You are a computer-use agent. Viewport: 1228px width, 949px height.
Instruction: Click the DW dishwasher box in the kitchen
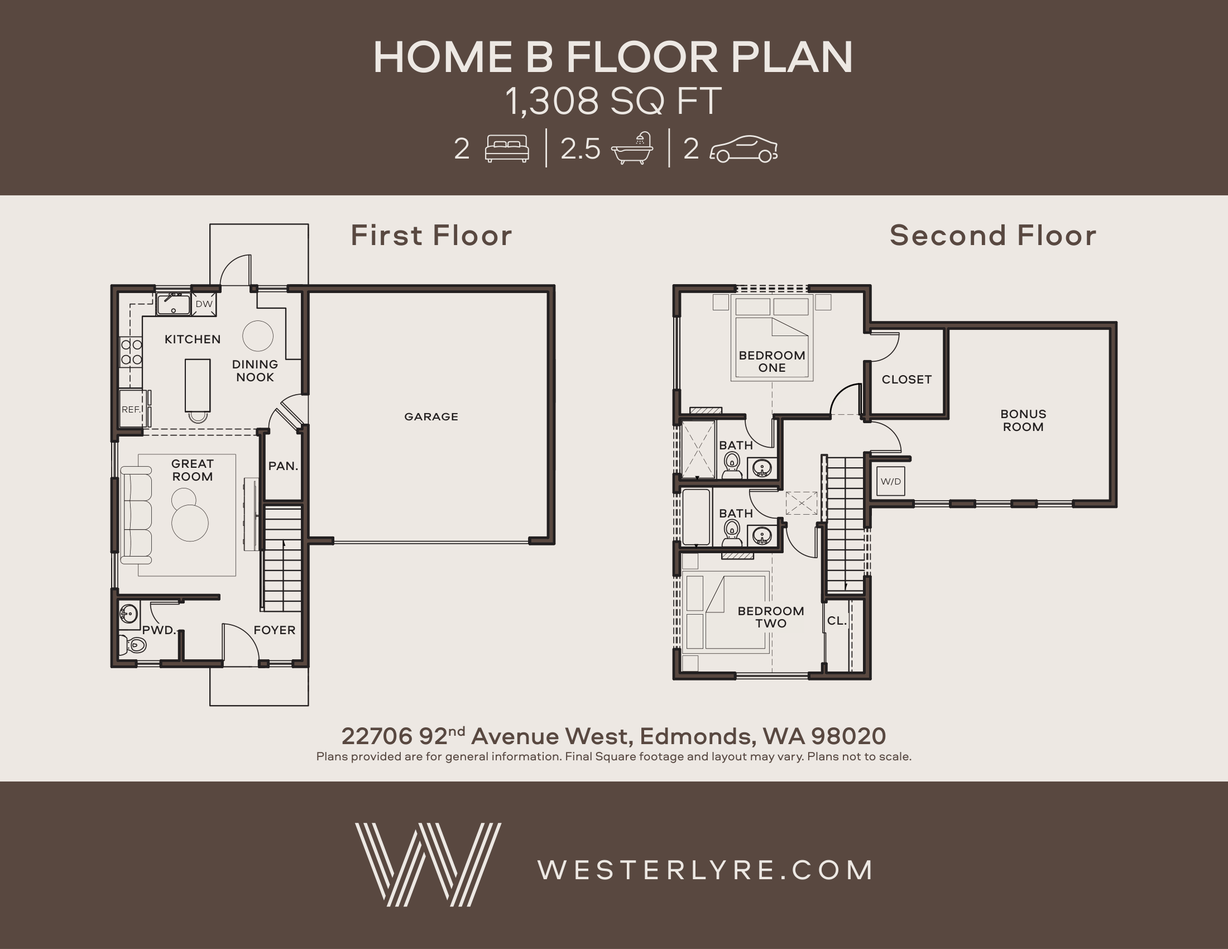coord(204,304)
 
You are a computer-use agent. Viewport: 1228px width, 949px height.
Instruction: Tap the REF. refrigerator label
coord(132,409)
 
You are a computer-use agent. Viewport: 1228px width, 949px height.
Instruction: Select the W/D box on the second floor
coord(891,481)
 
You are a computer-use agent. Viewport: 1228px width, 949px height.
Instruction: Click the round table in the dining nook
coord(257,336)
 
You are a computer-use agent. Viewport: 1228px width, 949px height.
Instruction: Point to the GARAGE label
coord(431,416)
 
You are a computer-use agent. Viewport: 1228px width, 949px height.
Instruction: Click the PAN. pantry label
coord(283,466)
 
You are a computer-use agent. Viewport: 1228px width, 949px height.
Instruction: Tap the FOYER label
coord(275,630)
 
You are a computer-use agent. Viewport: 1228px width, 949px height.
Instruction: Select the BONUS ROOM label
coord(1023,420)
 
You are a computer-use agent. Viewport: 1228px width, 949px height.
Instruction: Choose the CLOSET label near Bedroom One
coord(906,380)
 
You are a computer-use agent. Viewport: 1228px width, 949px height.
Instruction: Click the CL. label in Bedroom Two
coord(837,621)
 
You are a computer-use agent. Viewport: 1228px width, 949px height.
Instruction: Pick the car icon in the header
coord(744,149)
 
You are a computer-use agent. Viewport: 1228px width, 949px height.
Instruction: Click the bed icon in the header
coord(507,149)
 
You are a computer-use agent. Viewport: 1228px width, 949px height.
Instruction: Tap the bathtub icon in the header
coord(632,148)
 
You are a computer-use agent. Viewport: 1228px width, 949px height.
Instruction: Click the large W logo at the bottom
coord(428,865)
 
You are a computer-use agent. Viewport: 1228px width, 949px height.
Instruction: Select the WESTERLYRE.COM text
coord(705,870)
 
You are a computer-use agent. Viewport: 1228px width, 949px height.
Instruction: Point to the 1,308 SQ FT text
coord(613,101)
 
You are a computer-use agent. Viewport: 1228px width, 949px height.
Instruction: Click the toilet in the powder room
coord(133,645)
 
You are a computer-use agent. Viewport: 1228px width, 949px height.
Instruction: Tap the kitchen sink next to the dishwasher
coord(174,304)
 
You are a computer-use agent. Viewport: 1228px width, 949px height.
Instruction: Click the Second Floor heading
coord(993,235)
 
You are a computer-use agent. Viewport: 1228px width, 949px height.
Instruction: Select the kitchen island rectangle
coord(198,386)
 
